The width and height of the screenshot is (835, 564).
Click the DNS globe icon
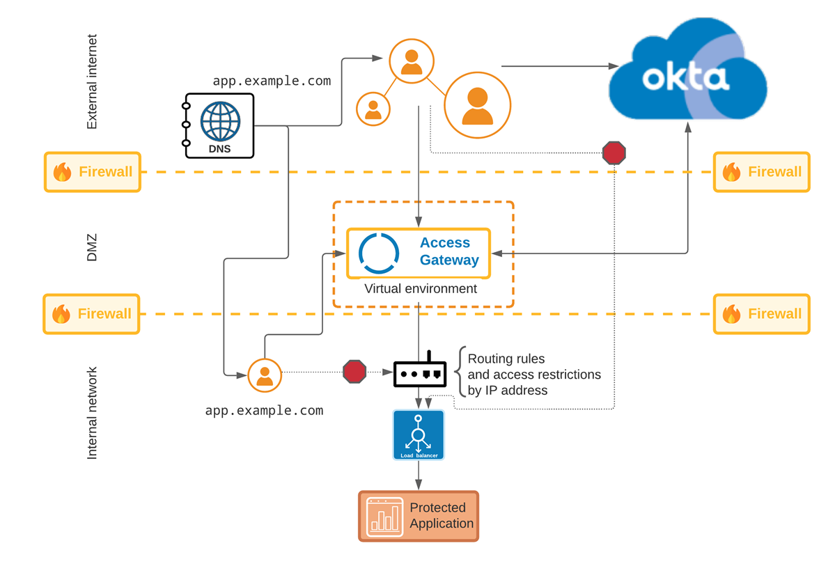click(x=220, y=122)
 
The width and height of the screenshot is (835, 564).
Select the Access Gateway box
click(x=419, y=253)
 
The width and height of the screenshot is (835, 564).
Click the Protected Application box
click(x=419, y=516)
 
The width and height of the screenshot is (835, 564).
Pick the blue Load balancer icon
click(x=419, y=434)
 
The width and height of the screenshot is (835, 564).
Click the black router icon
click(x=420, y=373)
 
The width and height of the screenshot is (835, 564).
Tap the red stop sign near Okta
click(x=614, y=152)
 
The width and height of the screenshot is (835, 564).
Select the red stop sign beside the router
click(x=354, y=371)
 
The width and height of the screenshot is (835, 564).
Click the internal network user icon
click(x=265, y=375)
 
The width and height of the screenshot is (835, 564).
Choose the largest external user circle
click(x=478, y=105)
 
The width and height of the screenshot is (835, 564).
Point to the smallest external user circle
click(x=373, y=109)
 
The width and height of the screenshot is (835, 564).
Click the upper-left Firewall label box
click(x=93, y=172)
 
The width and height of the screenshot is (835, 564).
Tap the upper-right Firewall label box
click(x=762, y=172)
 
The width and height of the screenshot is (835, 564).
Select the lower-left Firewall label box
click(x=92, y=314)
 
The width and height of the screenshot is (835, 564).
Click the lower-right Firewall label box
click(x=762, y=314)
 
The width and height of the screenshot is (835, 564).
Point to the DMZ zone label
click(x=92, y=247)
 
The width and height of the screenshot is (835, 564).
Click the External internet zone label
click(x=92, y=81)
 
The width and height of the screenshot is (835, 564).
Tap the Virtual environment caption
click(x=421, y=288)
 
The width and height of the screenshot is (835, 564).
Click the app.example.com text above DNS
click(x=272, y=81)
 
